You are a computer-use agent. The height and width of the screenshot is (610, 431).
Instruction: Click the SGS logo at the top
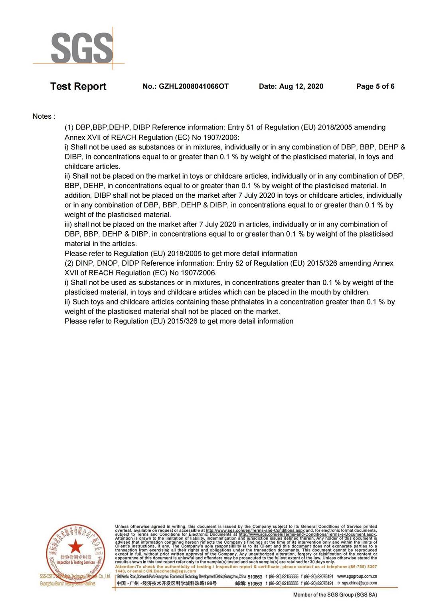point(82,48)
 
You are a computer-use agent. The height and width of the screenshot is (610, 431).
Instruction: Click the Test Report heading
point(78,87)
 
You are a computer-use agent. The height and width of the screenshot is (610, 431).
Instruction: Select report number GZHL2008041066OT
point(194,86)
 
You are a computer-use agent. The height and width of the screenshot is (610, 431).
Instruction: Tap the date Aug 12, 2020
point(301,86)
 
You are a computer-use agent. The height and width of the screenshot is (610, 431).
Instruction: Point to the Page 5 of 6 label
point(375,86)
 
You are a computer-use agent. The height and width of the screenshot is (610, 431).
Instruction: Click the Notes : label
point(44,117)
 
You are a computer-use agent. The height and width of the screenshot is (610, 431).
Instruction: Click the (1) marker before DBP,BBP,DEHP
point(69,127)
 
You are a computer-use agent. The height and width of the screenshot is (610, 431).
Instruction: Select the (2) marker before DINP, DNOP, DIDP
point(69,263)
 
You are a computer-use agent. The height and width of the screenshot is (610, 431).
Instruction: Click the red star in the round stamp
point(75,546)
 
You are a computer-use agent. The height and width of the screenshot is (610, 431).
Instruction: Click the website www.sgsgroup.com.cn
point(357,576)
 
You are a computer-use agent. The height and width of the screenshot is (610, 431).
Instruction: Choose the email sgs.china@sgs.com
point(359,583)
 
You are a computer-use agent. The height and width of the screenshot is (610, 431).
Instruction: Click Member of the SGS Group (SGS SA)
point(335,595)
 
